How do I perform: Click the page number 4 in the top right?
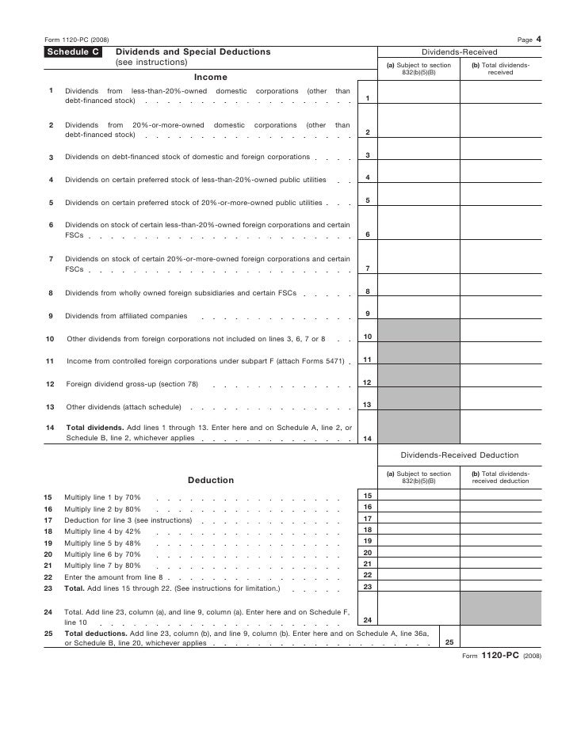pos(538,39)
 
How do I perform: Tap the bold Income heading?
pos(210,77)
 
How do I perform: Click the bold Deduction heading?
pos(210,480)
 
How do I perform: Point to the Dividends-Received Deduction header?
pos(460,455)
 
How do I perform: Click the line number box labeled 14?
pos(367,438)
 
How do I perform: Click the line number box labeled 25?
pos(449,642)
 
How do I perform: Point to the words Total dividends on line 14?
pos(94,428)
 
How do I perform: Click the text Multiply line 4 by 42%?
pos(102,531)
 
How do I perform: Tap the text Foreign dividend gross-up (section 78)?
pos(132,384)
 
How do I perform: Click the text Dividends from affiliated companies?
pos(126,316)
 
